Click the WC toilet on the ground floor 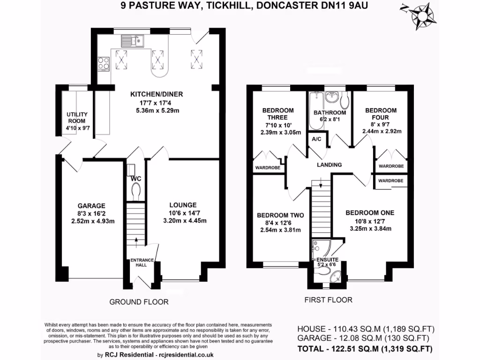(136, 192)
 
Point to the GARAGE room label (92, 206)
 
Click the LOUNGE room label (183, 205)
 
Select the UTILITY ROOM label (77, 117)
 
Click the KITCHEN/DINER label (156, 94)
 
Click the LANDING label (329, 165)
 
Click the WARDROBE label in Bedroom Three (267, 168)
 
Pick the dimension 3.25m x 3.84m (370, 229)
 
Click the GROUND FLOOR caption (139, 302)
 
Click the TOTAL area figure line (365, 349)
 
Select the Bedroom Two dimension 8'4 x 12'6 (280, 223)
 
